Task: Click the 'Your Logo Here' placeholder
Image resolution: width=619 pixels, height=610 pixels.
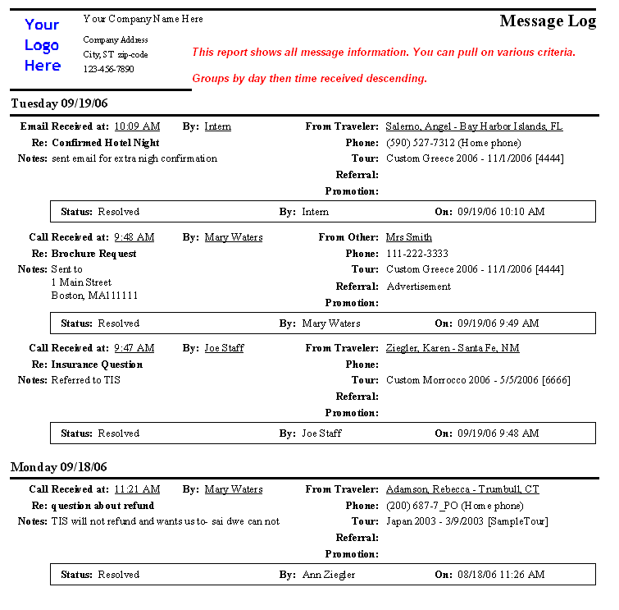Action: [42, 45]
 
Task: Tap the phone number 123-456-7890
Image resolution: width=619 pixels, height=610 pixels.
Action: [108, 69]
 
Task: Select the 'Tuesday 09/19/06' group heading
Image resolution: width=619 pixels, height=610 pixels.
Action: [59, 103]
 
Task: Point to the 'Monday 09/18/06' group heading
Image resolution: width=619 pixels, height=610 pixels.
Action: [58, 467]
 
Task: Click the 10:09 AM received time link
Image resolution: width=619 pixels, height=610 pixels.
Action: [137, 126]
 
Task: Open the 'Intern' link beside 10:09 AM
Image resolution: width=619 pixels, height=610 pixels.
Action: [217, 126]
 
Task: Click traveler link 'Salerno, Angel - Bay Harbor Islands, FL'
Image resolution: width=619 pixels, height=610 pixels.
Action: [474, 126]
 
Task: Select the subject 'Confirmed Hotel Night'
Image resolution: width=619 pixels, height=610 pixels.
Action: [105, 143]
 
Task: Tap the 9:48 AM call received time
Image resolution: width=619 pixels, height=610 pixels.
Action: [134, 237]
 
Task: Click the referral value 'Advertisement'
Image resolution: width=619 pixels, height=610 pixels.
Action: [418, 287]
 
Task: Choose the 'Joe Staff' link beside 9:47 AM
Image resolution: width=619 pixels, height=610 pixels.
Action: [224, 348]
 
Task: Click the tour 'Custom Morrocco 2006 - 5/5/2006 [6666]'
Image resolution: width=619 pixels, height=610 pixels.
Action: [478, 380]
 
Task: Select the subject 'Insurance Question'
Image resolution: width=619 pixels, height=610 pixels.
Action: [97, 365]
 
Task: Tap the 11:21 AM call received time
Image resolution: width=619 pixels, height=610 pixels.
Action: [136, 489]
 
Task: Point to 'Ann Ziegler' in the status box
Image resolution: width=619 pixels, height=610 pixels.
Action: [328, 575]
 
